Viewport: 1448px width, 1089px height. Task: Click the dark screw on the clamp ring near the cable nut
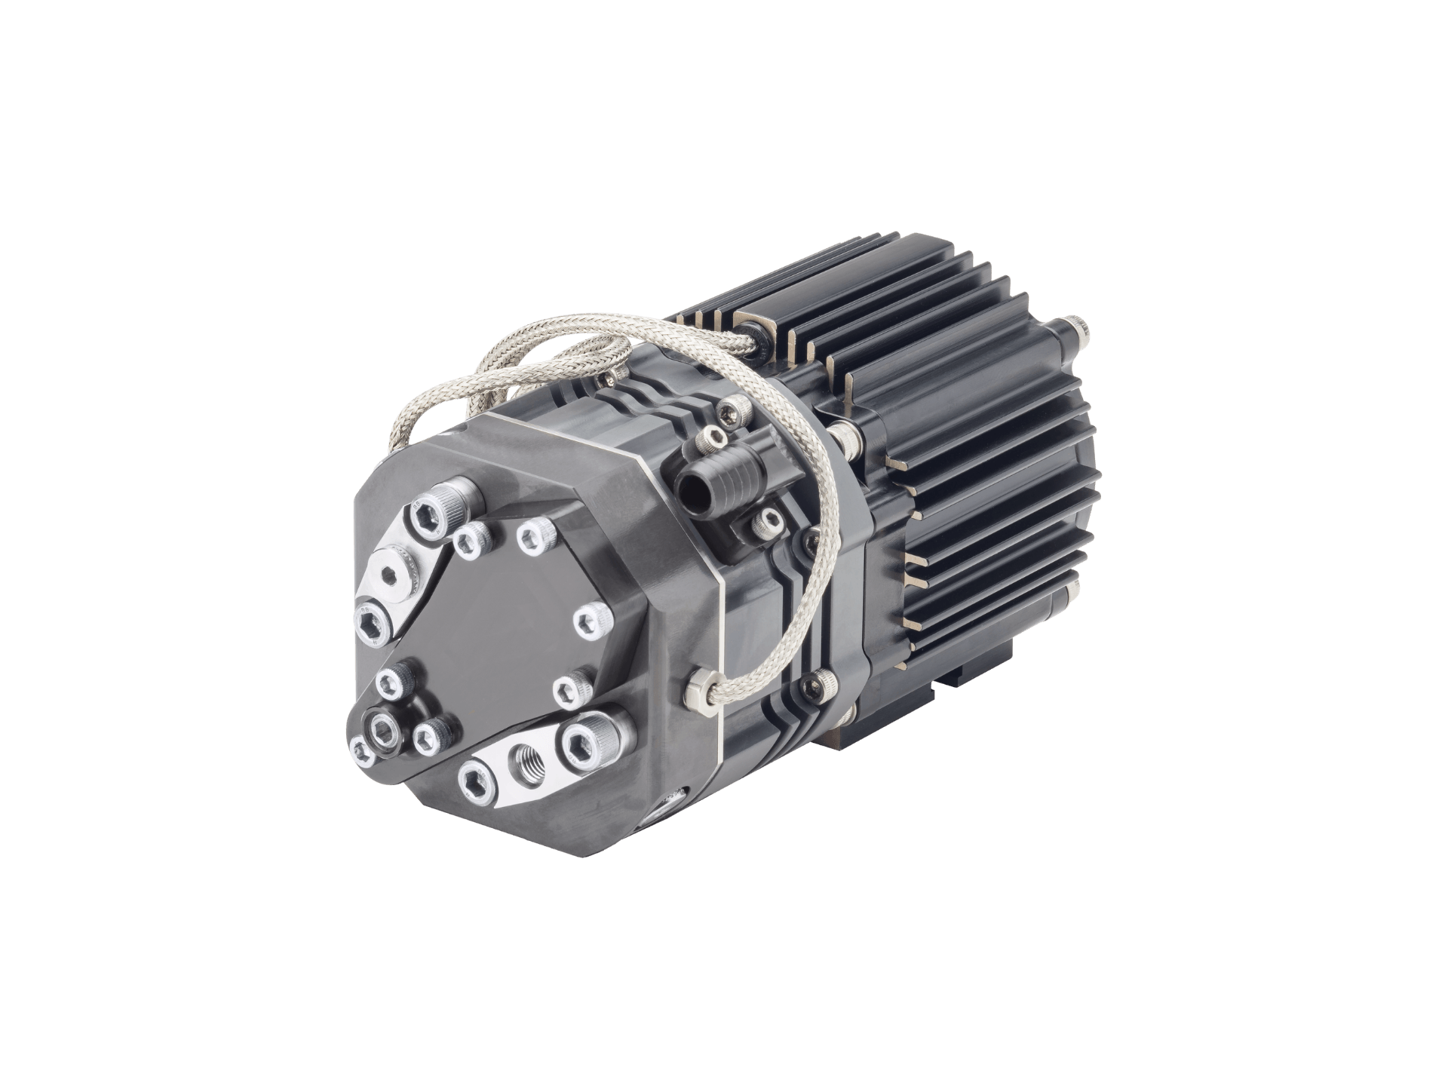pos(817,683)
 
